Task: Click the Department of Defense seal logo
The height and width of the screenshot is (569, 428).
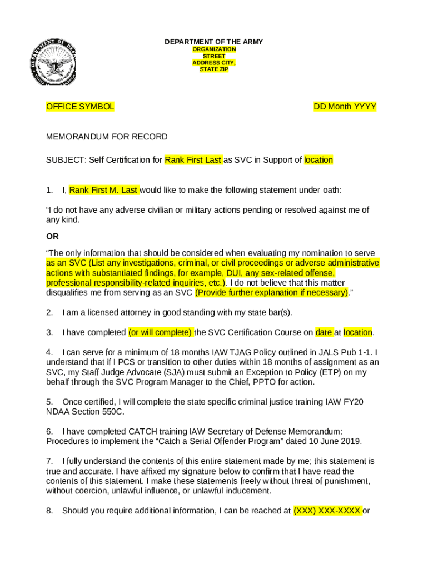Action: [x=53, y=63]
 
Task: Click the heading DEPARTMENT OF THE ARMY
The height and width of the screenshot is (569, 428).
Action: [x=214, y=42]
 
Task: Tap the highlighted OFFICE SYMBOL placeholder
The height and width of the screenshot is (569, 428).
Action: [x=80, y=107]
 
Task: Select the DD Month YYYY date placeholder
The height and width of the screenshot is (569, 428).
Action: [x=345, y=107]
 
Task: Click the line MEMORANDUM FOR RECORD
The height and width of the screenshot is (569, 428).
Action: [x=107, y=137]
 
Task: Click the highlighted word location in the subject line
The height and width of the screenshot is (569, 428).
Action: [x=318, y=160]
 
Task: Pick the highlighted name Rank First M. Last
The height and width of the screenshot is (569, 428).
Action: [x=104, y=190]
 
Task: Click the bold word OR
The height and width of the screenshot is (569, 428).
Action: [x=52, y=236]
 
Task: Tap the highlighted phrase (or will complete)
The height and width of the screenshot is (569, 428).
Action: [x=161, y=332]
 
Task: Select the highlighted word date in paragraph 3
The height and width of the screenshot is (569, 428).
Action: [x=324, y=332]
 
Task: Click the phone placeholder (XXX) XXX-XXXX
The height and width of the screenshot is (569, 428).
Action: [x=327, y=510]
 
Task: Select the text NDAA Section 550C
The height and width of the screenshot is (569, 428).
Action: [x=85, y=412]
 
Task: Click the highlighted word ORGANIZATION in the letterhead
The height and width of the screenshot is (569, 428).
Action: [x=214, y=49]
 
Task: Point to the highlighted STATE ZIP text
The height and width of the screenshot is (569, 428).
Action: [x=214, y=69]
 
